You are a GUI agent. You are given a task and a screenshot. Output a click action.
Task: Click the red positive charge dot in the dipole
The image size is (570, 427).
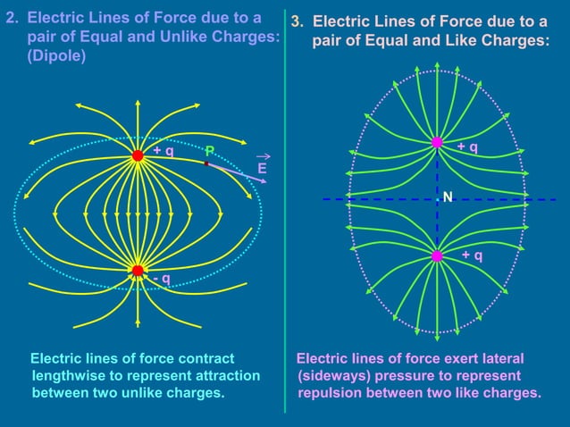point(138,155)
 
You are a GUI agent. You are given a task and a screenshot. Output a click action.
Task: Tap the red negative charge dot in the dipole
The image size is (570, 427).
point(138,271)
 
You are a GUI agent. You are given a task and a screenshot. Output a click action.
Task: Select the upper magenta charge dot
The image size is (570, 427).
point(437,142)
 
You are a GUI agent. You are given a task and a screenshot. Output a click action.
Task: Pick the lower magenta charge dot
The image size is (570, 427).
point(437,256)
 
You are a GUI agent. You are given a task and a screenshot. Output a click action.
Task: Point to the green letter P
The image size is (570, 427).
point(209,150)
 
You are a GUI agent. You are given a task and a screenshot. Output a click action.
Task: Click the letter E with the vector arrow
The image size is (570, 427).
point(262,168)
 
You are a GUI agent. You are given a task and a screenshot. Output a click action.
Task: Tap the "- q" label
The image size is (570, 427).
point(161,280)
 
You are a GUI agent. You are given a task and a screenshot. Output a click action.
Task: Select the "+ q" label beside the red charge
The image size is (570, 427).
point(163,151)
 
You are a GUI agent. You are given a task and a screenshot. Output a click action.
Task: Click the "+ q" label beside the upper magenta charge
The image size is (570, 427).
point(466,147)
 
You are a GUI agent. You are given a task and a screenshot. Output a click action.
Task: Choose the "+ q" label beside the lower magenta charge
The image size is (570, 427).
point(473,256)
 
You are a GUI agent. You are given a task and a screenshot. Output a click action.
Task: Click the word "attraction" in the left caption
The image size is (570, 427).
point(217,375)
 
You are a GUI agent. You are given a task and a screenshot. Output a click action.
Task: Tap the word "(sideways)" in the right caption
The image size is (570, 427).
point(335,375)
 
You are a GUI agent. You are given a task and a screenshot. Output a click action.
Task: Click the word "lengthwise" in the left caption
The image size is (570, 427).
point(69,375)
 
